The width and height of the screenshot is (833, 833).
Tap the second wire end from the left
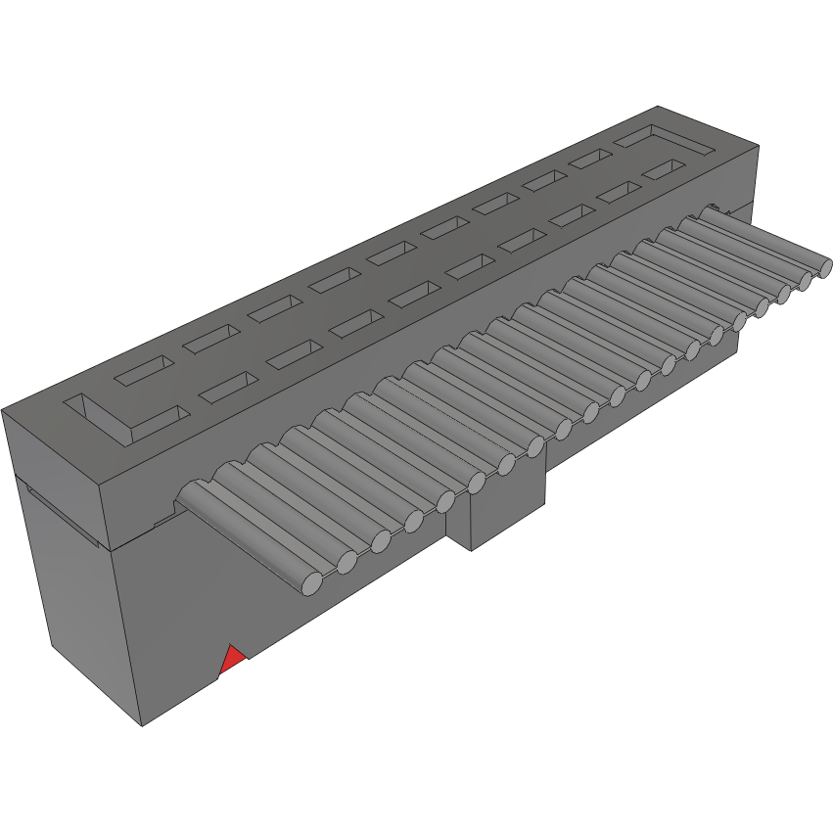tap(347, 563)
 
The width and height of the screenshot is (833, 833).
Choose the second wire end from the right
tap(806, 279)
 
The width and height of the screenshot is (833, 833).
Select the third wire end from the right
tap(784, 293)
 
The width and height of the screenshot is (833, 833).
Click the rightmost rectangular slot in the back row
tap(593, 159)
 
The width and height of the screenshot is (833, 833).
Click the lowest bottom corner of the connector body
tap(143, 725)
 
